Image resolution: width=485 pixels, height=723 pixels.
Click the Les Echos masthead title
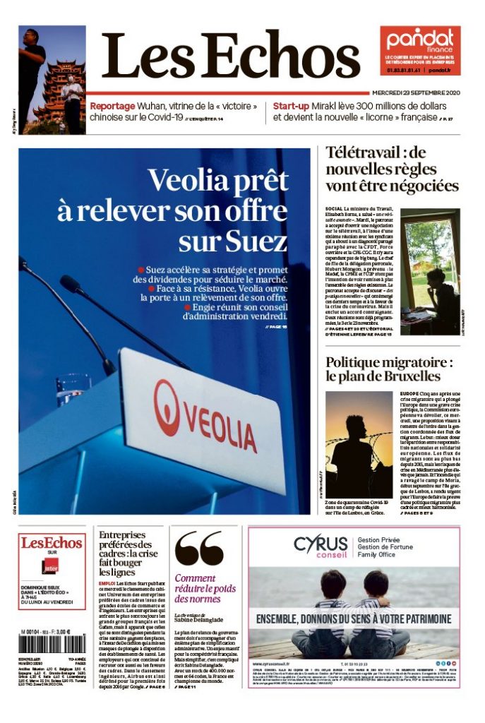coord(230,56)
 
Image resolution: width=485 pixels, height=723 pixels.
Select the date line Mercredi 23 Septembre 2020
coord(417,92)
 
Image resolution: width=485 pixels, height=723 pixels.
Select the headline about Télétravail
coord(392,169)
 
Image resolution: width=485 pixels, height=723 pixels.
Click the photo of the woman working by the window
coord(429,272)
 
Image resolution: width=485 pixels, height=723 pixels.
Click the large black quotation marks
coord(199,549)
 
